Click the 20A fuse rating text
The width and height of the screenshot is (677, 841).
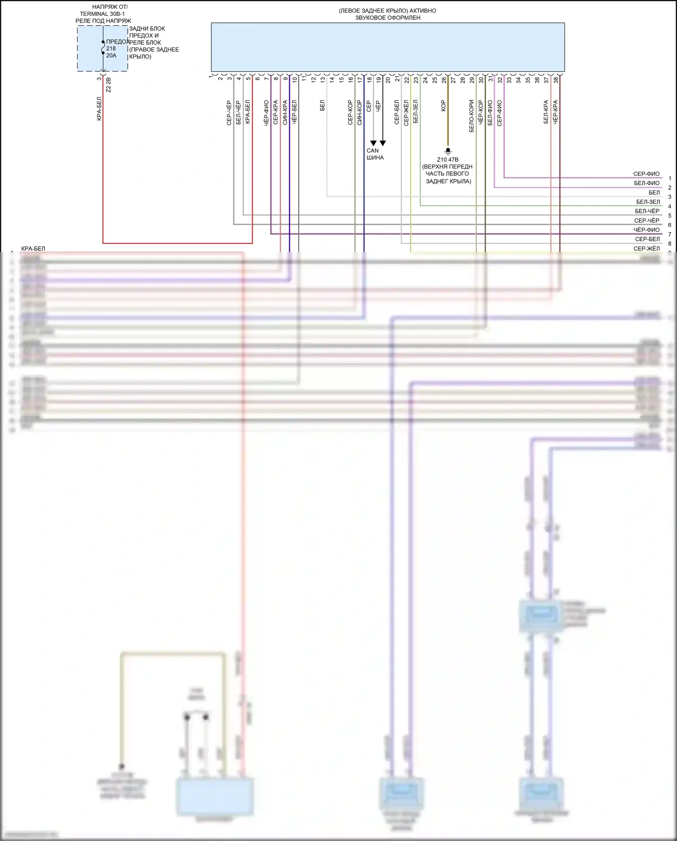point(111,56)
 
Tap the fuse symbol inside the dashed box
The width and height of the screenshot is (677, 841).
point(103,47)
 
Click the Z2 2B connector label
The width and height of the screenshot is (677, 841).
point(108,85)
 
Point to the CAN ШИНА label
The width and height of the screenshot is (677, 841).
point(375,154)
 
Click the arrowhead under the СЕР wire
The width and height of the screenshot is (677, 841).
point(373,143)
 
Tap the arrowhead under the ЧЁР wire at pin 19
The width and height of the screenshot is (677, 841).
point(383,143)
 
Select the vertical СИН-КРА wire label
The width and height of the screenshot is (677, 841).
point(285,112)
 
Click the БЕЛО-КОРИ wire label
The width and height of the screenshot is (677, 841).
point(471,116)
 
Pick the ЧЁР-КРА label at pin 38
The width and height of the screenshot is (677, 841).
point(555,112)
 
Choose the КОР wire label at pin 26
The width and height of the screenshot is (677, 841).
point(443,106)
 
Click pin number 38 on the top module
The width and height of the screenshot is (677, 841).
point(556,80)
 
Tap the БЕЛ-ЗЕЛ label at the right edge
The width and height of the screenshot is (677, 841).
point(648,202)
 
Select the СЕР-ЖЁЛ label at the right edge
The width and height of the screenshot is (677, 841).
point(646,249)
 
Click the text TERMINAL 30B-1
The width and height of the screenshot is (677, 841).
point(102,14)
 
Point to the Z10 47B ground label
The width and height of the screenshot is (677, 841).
point(447,160)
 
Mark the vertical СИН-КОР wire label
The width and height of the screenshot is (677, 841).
point(359,112)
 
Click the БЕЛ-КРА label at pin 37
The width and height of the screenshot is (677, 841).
point(546,112)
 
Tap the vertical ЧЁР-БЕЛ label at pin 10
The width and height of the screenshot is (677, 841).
point(294,112)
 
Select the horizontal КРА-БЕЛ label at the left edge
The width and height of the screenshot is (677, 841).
point(33,249)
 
